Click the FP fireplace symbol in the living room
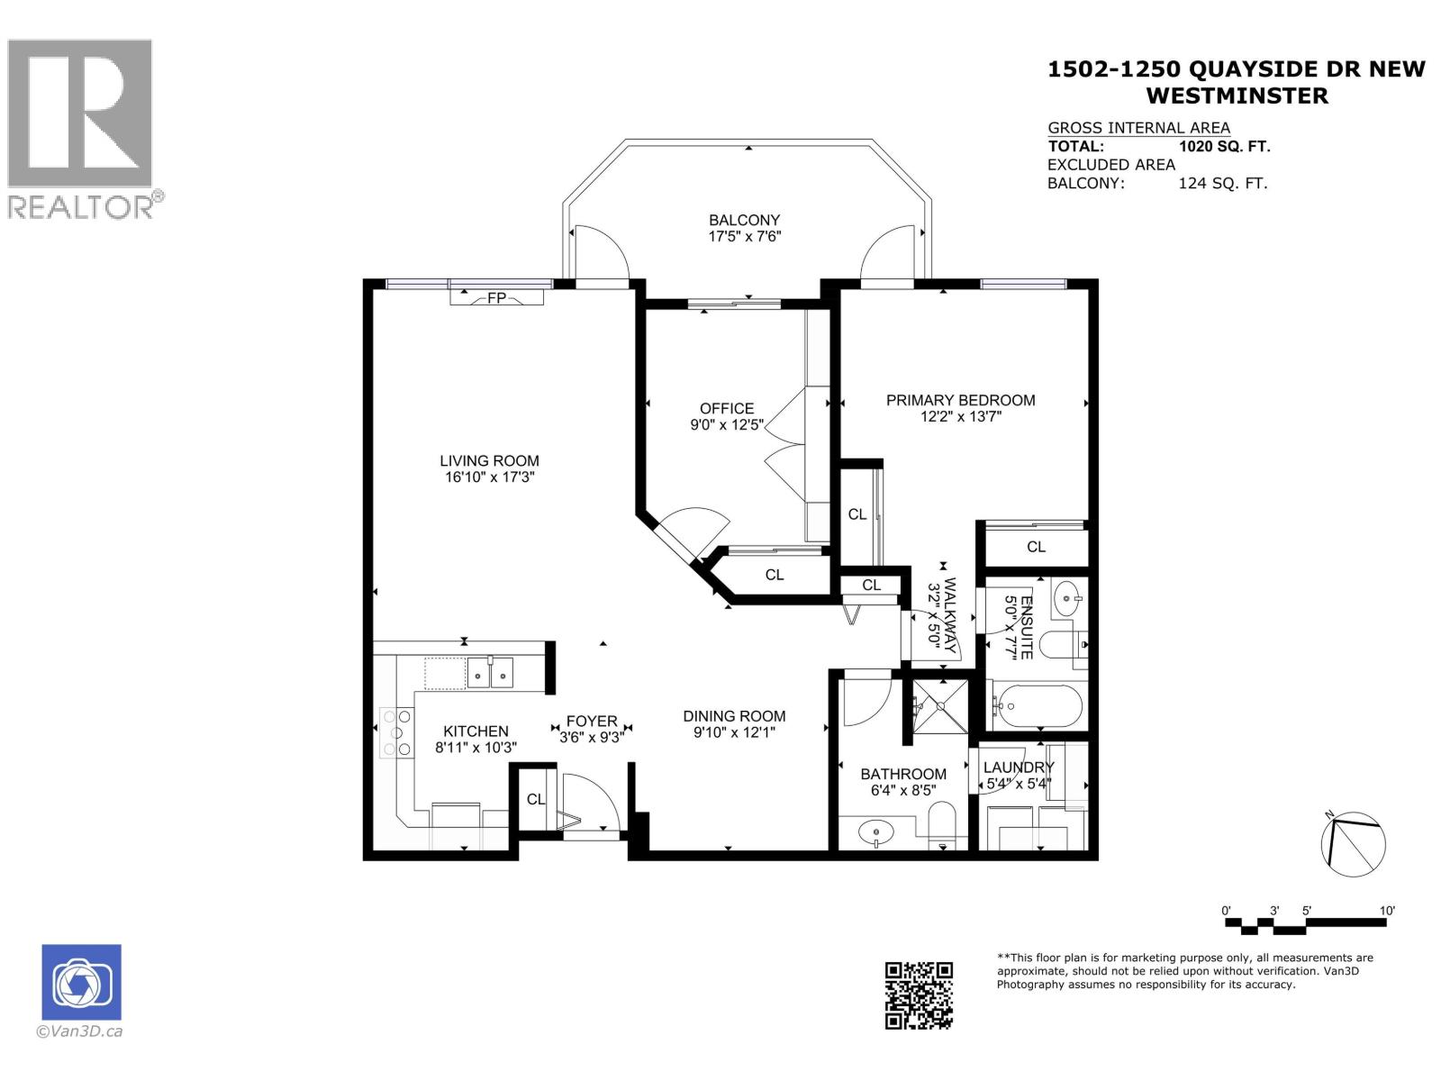coord(496,297)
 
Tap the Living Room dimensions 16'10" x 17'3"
coord(490,477)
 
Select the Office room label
coord(727,408)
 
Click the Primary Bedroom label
coord(960,400)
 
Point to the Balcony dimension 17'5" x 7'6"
coord(744,237)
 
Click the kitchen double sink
coord(490,672)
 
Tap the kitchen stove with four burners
coord(397,732)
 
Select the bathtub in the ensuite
coord(1035,706)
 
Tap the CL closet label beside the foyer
coord(536,799)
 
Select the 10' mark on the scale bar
coord(1387,911)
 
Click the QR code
coord(919,995)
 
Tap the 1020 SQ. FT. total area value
coord(1224,147)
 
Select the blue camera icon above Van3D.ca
coord(81,982)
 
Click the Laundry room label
coord(1018,768)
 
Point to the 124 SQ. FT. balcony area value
coord(1222,184)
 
